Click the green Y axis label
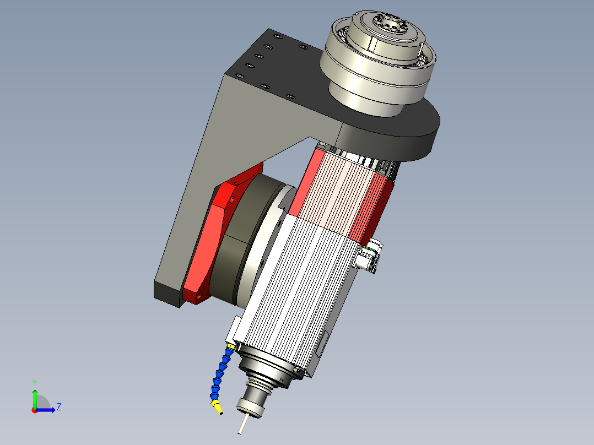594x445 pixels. (34, 382)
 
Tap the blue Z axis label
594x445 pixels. (58, 407)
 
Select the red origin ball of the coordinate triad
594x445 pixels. (34, 410)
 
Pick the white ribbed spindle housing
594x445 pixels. (298, 286)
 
